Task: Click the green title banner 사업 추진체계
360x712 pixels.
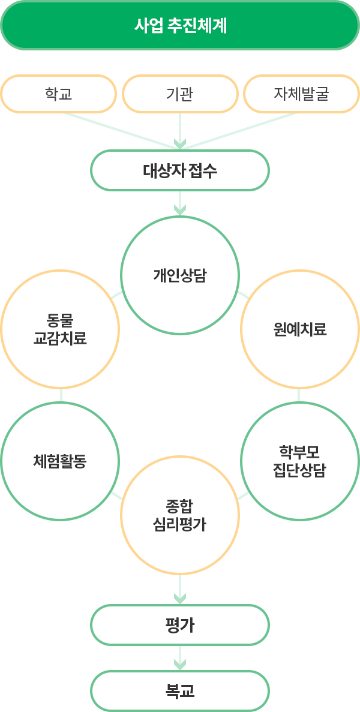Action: [x=180, y=25]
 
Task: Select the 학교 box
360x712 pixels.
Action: [x=58, y=94]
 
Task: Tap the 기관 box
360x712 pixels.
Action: [x=180, y=94]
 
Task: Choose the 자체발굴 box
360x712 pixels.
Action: [x=301, y=94]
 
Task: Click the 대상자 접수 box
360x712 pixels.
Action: [x=180, y=171]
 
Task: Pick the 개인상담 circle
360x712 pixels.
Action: [x=180, y=275]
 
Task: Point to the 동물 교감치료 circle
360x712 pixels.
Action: [x=60, y=329]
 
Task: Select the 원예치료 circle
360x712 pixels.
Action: [x=300, y=329]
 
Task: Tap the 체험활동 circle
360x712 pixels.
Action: [x=60, y=461]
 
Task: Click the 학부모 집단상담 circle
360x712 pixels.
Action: [x=300, y=461]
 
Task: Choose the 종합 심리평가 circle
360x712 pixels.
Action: [x=180, y=515]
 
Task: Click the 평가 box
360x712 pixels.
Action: [x=180, y=625]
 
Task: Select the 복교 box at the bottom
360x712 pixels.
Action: [x=180, y=691]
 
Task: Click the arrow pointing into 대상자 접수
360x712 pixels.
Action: [x=180, y=143]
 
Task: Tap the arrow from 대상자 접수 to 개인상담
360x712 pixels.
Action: [x=180, y=209]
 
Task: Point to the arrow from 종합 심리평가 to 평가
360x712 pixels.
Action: [x=180, y=597]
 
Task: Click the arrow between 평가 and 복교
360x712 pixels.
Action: [x=180, y=663]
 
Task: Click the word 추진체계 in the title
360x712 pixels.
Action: [x=197, y=26]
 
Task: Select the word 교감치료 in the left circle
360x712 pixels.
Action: [x=60, y=338]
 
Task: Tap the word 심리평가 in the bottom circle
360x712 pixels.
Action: [x=180, y=524]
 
